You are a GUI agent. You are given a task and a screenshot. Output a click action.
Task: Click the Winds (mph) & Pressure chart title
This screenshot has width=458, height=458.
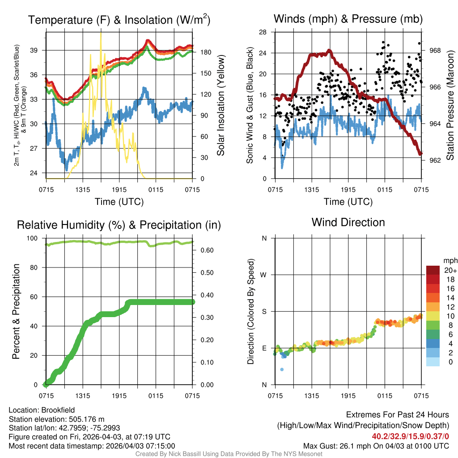[x=348, y=19]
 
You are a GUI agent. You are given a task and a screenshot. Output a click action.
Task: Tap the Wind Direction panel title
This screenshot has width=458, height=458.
[x=348, y=222]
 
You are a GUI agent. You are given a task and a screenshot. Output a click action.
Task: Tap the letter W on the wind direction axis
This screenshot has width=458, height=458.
[x=263, y=275]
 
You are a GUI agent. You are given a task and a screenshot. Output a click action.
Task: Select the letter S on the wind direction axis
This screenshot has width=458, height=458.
[x=264, y=311]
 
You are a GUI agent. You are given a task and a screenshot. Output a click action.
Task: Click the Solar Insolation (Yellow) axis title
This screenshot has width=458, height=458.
[x=221, y=105]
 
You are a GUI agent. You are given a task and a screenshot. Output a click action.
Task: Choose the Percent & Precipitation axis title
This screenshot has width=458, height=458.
[x=16, y=311]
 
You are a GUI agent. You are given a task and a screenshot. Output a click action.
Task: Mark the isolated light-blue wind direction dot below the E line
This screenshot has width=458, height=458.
[x=282, y=369]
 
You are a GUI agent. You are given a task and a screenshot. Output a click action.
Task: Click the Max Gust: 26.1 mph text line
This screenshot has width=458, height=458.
[x=376, y=445]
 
